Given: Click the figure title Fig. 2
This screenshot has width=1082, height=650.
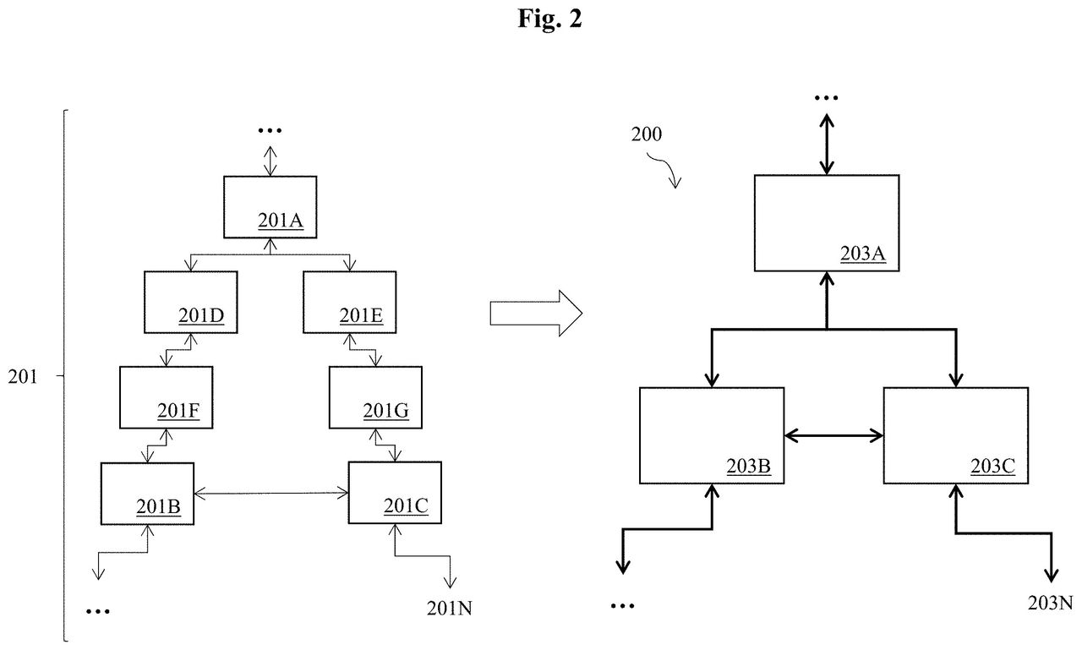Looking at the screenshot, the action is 549,19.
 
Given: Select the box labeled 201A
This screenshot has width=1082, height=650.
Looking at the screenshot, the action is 270,207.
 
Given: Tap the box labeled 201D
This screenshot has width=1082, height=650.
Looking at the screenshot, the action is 191,302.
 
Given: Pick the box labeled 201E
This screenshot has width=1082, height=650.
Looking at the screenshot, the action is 350,302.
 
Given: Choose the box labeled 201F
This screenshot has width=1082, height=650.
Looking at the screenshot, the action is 167,397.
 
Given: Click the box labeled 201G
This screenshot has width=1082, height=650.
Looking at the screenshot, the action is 375,397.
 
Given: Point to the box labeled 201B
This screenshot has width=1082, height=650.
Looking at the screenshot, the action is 147,494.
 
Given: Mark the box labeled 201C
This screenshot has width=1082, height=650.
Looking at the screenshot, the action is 395,493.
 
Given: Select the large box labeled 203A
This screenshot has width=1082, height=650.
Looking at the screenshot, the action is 827,222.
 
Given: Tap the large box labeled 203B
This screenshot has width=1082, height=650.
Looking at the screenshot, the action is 712,435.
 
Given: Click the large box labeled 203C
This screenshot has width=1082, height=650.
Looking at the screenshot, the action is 956,435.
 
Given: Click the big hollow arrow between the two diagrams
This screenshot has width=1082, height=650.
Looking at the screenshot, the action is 536,313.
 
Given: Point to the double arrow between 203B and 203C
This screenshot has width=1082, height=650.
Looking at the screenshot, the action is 833,435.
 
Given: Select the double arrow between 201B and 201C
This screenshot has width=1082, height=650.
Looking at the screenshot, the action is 271,493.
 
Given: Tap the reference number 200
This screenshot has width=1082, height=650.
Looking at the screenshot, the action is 647,134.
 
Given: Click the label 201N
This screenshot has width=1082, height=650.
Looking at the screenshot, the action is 449,608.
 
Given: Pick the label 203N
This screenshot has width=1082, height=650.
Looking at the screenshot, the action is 1050,604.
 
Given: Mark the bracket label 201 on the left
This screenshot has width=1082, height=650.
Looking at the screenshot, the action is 22,377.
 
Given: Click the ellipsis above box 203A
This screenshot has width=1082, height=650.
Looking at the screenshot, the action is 827,98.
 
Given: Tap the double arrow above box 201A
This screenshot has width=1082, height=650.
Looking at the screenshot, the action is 270,161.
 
